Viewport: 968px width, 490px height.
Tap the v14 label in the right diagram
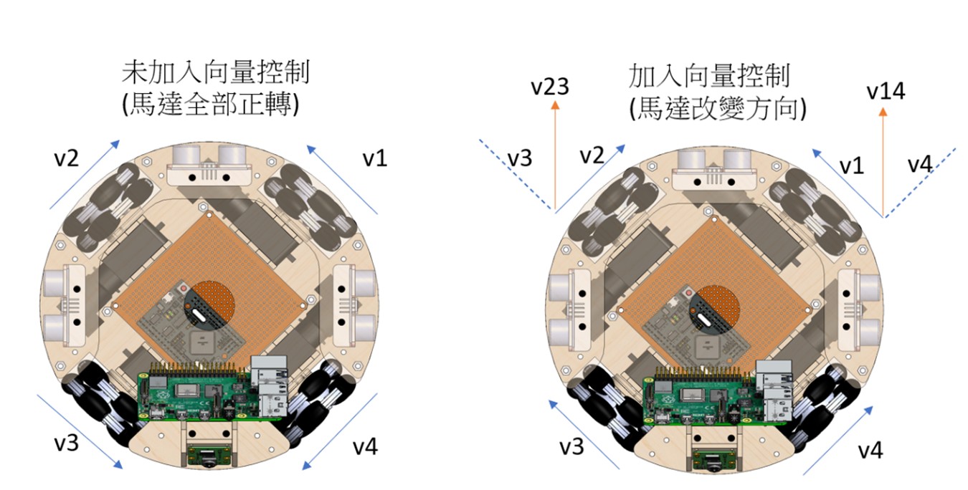click(886, 91)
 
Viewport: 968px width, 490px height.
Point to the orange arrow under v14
click(883, 161)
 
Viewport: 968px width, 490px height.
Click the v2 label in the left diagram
click(66, 158)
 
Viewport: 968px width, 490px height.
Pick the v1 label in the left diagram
click(374, 158)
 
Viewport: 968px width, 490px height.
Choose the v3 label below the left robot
click(67, 442)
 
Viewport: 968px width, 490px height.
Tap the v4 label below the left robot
click(365, 447)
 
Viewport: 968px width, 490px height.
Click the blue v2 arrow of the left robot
click(85, 175)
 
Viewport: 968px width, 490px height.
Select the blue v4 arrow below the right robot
click(839, 439)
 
